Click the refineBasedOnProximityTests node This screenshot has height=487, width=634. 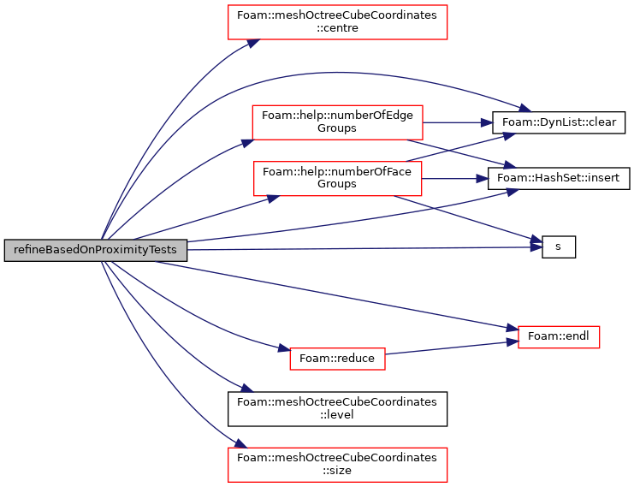pos(96,250)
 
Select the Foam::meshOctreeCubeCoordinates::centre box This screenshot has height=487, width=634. pos(337,22)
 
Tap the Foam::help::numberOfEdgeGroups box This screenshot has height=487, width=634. pos(337,122)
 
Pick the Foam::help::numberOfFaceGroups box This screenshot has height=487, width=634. pos(337,178)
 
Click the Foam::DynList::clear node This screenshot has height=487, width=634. pos(559,122)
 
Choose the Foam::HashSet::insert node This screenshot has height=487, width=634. pos(559,178)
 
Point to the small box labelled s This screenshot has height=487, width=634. pos(559,246)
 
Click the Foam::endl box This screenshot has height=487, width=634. pos(559,337)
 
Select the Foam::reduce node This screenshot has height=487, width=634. pos(337,359)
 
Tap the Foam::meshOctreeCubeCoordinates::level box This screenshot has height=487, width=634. pos(337,409)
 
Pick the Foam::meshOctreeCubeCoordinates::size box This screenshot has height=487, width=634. pos(337,465)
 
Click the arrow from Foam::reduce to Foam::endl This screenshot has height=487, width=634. pos(452,347)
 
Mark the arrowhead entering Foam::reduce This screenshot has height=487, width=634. pos(284,348)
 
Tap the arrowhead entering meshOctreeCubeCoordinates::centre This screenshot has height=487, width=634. pos(254,43)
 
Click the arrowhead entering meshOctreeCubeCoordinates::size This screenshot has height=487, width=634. pos(241,444)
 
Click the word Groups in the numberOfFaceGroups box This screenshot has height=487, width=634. pos(337,184)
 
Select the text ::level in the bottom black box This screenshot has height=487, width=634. pos(337,414)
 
